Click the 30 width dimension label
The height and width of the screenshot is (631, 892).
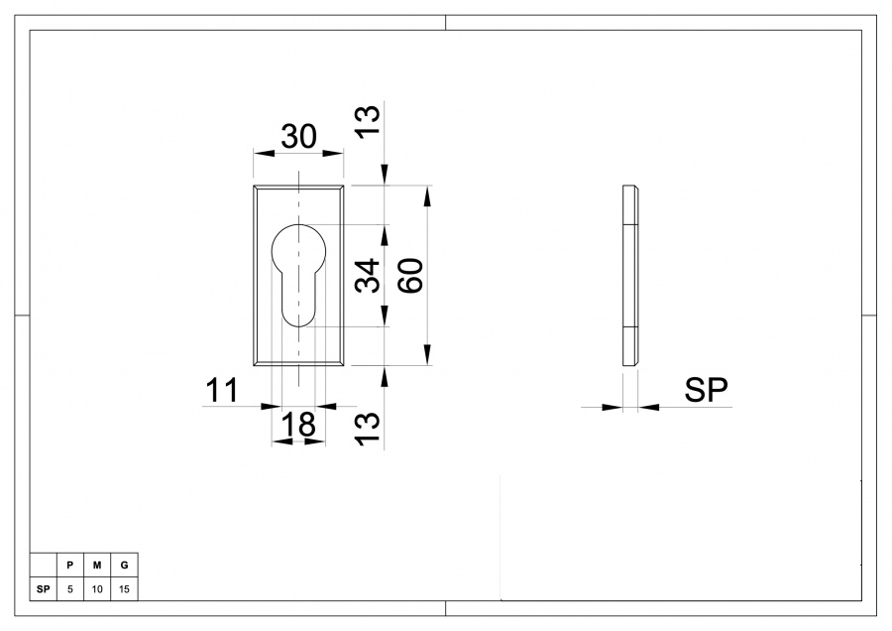click(298, 137)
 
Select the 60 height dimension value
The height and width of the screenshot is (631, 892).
click(410, 276)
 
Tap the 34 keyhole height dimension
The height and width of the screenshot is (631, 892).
click(368, 276)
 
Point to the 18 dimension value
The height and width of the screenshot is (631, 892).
click(298, 425)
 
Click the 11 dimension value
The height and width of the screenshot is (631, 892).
click(222, 391)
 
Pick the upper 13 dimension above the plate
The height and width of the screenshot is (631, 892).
click(368, 121)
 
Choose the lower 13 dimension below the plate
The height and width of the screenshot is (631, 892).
click(368, 429)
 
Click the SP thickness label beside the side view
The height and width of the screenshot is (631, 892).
click(706, 390)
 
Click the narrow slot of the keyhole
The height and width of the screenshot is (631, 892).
click(298, 299)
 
